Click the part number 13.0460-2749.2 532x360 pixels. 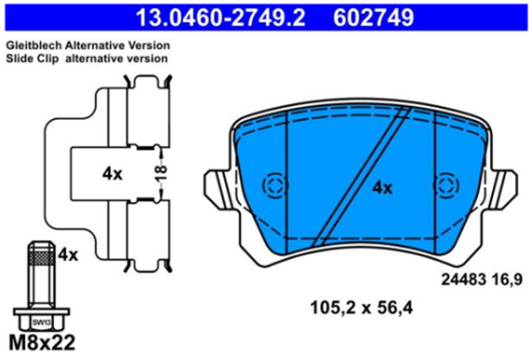click(x=221, y=18)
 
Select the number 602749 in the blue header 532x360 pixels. click(x=373, y=18)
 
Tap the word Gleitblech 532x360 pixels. click(x=34, y=45)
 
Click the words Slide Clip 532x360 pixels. click(x=32, y=59)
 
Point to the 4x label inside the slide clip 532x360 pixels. click(x=113, y=174)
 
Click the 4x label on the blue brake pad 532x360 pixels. click(x=382, y=188)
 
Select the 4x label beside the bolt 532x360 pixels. click(x=68, y=254)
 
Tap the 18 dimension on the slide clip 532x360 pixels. click(x=162, y=173)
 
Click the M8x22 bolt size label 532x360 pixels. click(x=42, y=342)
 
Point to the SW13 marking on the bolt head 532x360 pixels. click(x=42, y=323)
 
